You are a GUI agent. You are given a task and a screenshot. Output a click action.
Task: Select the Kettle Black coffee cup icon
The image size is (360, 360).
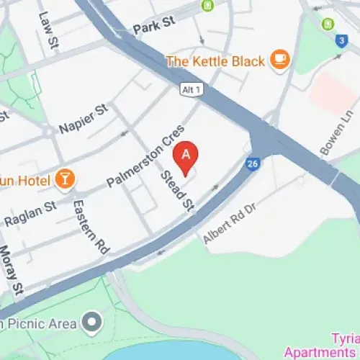[280, 60]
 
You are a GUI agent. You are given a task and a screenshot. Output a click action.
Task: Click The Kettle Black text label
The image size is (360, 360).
[215, 61]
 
